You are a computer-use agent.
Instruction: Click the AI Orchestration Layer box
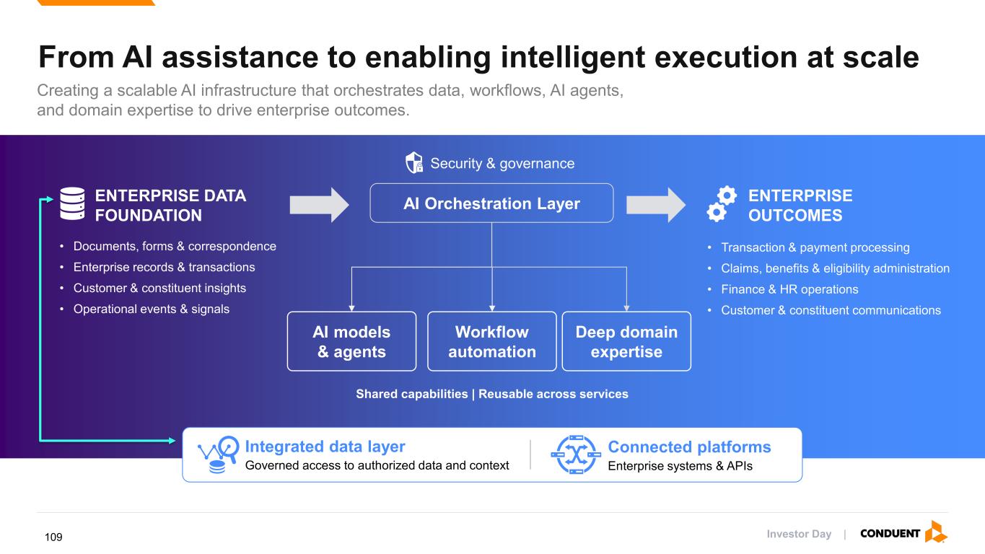point(491,203)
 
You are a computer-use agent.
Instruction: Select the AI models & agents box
point(352,341)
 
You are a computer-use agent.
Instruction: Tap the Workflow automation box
point(492,341)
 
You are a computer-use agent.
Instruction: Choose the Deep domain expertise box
point(626,341)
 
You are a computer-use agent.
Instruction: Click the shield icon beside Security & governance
point(413,163)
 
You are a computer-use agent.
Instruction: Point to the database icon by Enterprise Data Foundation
point(73,203)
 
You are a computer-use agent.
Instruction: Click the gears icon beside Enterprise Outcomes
point(722,203)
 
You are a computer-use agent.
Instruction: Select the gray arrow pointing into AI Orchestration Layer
point(319,205)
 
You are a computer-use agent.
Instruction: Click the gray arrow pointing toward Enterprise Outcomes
point(656,205)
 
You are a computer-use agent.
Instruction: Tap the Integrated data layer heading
point(325,447)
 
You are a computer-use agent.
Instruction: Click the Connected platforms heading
point(690,447)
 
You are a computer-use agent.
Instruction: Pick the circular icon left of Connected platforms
point(576,454)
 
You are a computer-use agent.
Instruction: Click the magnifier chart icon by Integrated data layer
point(219,454)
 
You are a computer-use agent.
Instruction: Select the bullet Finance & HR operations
point(789,289)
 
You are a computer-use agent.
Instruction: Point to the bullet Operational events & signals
point(152,309)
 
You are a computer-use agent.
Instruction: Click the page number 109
point(53,537)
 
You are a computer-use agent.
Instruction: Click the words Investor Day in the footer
point(799,534)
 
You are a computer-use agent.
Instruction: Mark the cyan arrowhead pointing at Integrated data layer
point(172,440)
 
